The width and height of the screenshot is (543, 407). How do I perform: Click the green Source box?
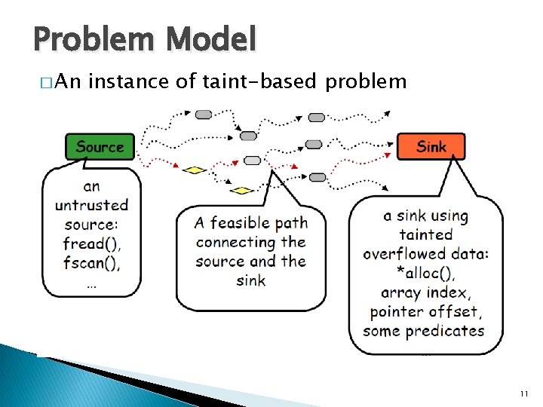click(x=100, y=147)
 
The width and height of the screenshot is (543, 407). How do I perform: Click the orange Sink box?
click(x=431, y=146)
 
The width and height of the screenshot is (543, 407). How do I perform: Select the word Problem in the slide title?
click(x=90, y=38)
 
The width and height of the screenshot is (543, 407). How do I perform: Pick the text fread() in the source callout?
click(x=91, y=244)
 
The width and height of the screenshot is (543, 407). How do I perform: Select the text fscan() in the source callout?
click(x=91, y=263)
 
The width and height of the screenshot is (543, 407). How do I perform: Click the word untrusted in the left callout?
click(x=91, y=205)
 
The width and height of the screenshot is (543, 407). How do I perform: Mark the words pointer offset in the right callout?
click(x=424, y=312)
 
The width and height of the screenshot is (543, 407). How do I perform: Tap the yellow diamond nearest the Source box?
click(x=195, y=170)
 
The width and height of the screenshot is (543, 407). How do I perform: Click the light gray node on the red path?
click(x=253, y=161)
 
